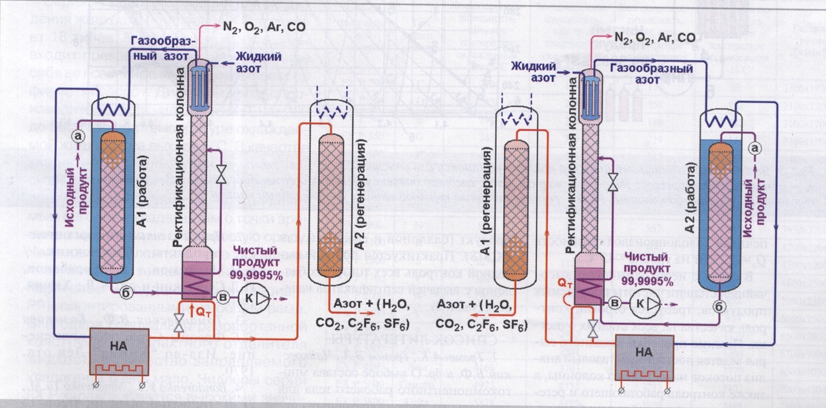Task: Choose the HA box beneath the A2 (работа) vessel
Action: tap(644, 352)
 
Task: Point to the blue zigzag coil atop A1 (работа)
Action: tap(116, 110)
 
